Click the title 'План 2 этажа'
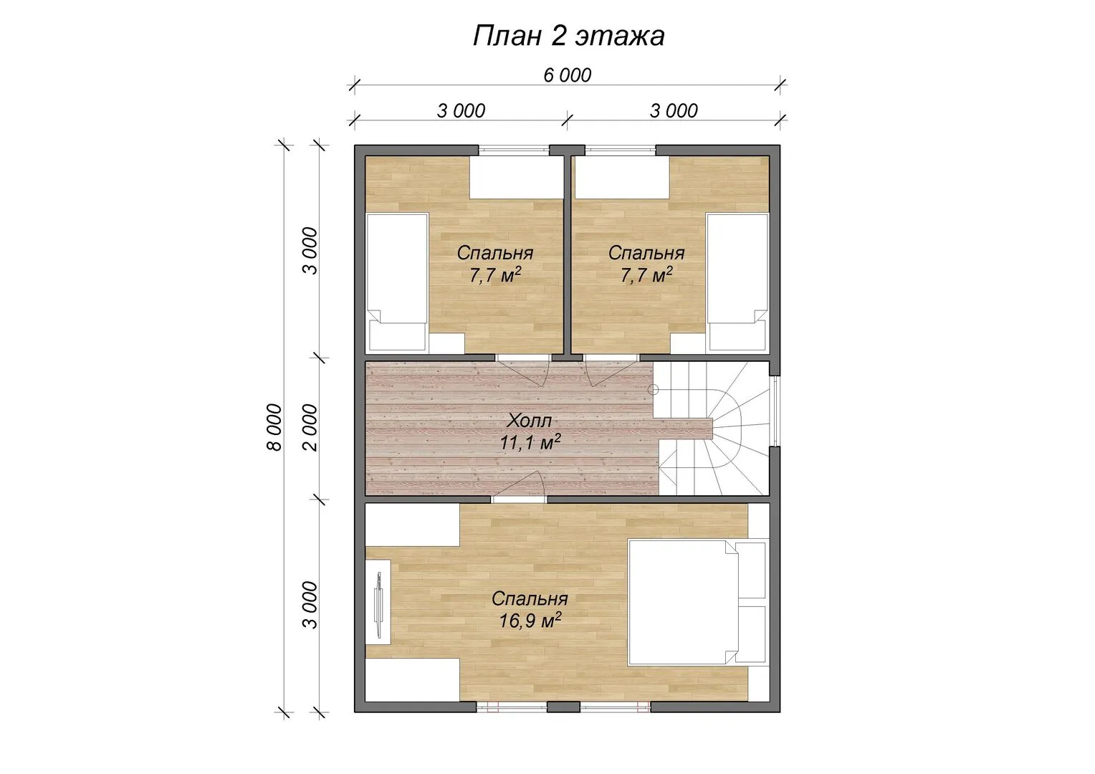click(x=568, y=36)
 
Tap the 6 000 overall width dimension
click(x=568, y=75)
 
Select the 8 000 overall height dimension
click(x=274, y=427)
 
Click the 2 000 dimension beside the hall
click(x=310, y=427)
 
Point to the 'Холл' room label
click(x=530, y=420)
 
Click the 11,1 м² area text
click(x=530, y=442)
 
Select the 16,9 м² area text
click(x=530, y=620)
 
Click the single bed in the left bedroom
click(x=398, y=282)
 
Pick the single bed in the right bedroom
click(x=737, y=282)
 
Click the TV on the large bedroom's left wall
click(x=378, y=605)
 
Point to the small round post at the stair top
click(x=653, y=389)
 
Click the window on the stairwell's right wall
click(x=775, y=411)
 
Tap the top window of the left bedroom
click(x=514, y=150)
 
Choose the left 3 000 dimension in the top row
click(x=461, y=111)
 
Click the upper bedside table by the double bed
click(x=751, y=570)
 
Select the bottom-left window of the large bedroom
click(x=512, y=707)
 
